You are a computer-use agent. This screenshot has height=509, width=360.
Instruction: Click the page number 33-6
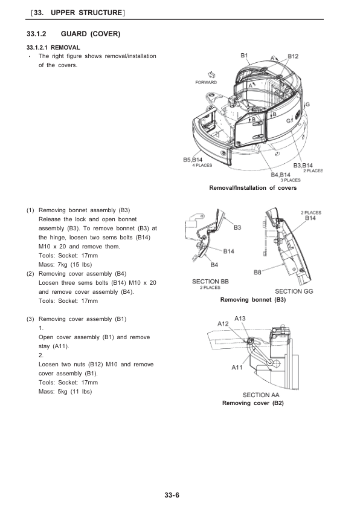[x=172, y=494]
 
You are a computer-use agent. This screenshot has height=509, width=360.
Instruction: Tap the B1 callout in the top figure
[x=244, y=56]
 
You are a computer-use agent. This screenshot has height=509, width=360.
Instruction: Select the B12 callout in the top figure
[x=293, y=56]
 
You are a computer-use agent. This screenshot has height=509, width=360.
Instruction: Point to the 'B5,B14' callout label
[x=193, y=160]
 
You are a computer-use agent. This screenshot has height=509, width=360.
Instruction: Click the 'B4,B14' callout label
[x=280, y=175]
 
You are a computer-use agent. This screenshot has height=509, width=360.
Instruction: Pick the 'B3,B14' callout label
[x=303, y=166]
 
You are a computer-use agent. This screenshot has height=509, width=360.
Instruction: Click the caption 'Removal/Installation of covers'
[x=253, y=188]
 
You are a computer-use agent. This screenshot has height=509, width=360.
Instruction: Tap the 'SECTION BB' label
[x=210, y=282]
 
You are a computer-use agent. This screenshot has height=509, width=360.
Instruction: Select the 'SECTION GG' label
[x=294, y=291]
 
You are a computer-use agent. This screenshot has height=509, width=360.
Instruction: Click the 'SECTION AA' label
[x=261, y=395]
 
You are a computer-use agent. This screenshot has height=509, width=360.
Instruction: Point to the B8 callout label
[x=257, y=273]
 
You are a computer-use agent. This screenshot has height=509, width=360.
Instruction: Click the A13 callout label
[x=240, y=319]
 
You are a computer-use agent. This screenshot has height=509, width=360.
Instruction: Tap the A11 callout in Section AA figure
[x=237, y=368]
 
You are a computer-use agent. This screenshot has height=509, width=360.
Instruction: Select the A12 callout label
[x=223, y=323]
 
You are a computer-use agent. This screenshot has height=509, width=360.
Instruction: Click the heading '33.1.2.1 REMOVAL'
[x=53, y=48]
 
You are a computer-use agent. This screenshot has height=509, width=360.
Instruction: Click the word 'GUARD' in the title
[x=74, y=34]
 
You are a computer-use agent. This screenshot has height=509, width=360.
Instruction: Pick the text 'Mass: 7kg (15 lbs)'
[x=65, y=265]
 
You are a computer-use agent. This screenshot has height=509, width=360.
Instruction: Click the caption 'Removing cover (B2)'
[x=253, y=403]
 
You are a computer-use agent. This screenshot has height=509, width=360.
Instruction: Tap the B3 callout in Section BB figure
[x=237, y=227]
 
